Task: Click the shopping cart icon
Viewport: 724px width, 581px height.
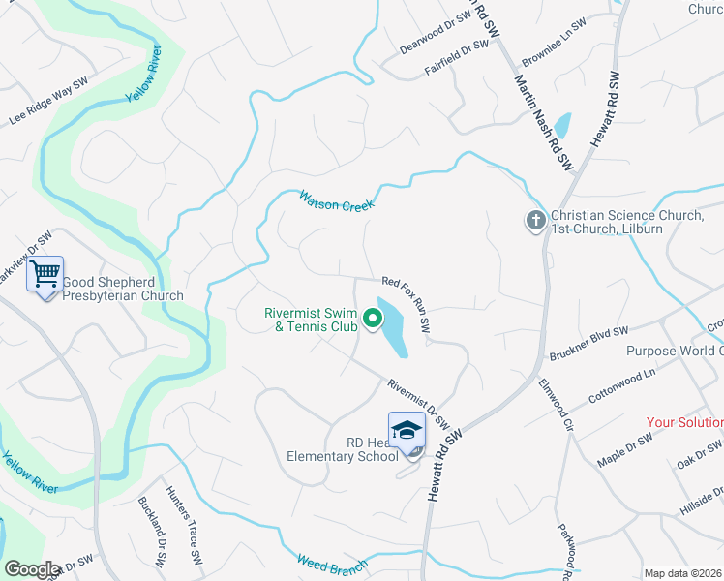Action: click(x=45, y=275)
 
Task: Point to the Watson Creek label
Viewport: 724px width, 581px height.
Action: click(x=335, y=199)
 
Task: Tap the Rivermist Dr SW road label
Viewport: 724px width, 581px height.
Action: click(x=419, y=403)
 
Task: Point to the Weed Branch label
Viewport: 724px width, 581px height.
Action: click(x=332, y=563)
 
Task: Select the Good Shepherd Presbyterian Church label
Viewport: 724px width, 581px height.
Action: click(x=123, y=290)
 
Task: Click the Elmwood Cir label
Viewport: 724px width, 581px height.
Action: click(x=557, y=402)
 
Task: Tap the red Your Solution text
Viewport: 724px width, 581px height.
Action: click(x=684, y=422)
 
